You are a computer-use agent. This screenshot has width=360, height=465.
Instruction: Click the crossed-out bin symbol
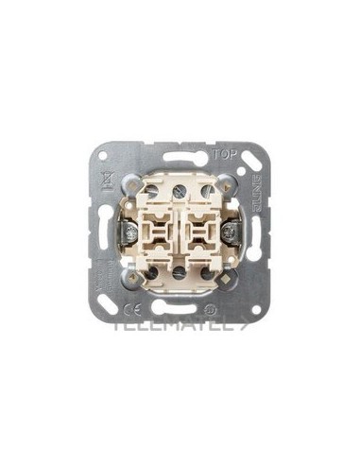[105, 179]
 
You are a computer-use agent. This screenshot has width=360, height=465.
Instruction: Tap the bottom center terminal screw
[179, 274]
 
